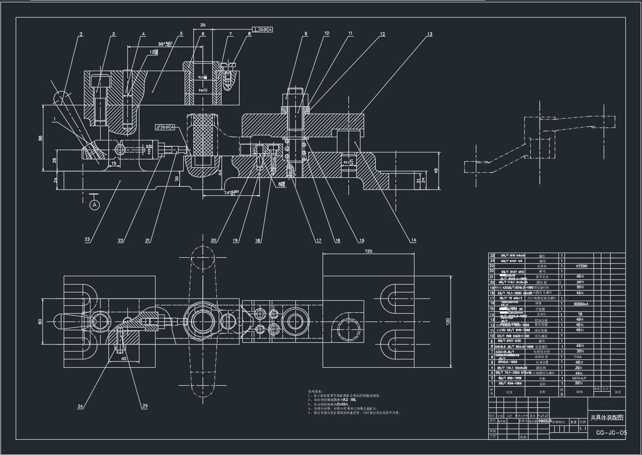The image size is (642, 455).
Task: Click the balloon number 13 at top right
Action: point(430,34)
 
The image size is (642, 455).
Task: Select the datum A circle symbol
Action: point(94,205)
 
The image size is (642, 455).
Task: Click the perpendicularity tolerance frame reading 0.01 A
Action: point(263,30)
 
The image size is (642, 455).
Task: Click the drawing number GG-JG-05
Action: point(612,433)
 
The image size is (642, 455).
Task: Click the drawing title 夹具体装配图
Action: point(606,418)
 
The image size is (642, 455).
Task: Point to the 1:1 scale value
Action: point(582,429)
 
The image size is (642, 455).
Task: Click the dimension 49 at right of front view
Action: point(436,170)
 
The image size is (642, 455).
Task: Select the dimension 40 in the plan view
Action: point(124,358)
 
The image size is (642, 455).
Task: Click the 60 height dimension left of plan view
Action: point(40,322)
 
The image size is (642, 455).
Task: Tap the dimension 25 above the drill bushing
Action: point(203,25)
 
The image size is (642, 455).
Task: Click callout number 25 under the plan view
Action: point(145,406)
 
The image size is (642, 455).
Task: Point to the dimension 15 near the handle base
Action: point(114,163)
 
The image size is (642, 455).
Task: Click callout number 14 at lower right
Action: point(413,240)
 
